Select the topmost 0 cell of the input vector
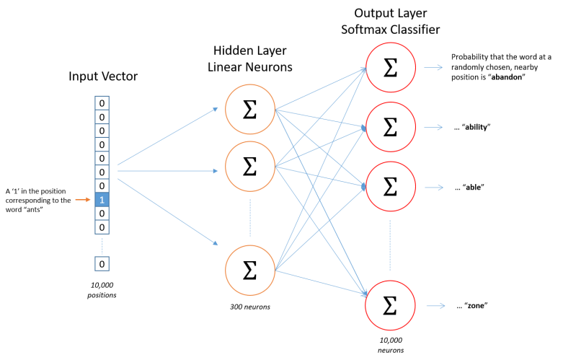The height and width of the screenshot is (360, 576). tap(102, 103)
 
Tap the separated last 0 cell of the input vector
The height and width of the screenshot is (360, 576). tap(102, 264)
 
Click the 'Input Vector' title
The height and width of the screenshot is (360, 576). tap(103, 76)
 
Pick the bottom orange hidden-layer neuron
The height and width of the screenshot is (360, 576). tap(249, 269)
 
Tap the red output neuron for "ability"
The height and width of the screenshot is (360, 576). tap(390, 127)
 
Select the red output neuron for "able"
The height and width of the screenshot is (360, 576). tap(390, 187)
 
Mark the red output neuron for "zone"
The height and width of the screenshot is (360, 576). tap(390, 304)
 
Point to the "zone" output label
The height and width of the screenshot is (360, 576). tap(473, 305)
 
